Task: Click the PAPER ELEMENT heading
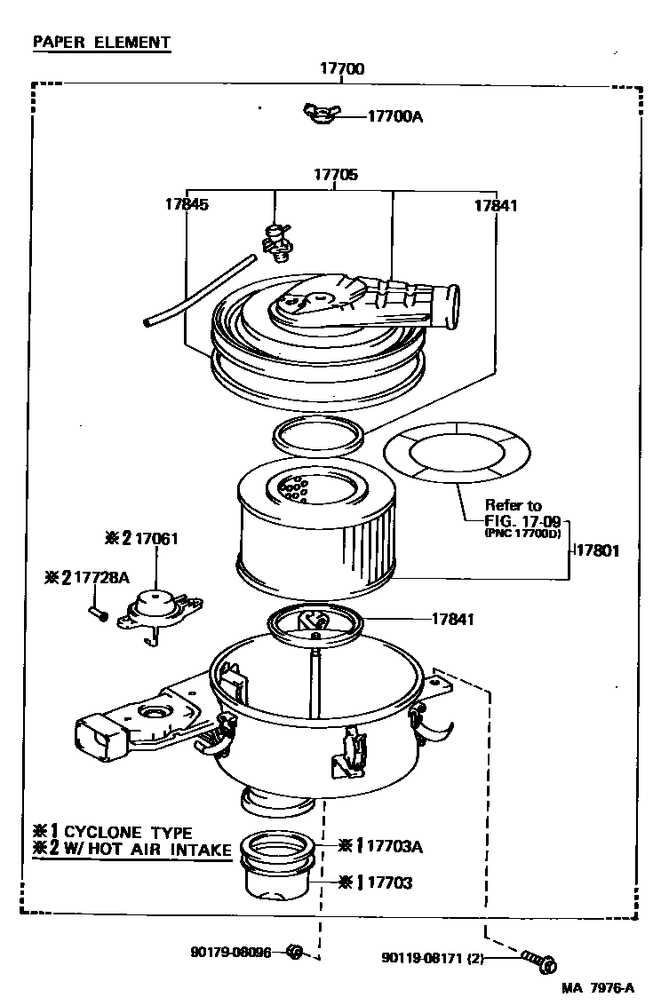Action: [100, 42]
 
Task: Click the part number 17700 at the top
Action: [342, 69]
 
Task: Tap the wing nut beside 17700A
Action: [320, 114]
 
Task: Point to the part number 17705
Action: [335, 175]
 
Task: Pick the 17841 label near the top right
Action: [495, 205]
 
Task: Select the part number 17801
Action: [596, 550]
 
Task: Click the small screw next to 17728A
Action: [98, 612]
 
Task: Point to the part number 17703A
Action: [394, 847]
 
